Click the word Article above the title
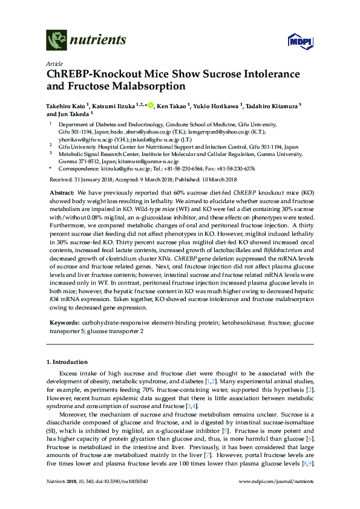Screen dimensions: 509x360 point(54,63)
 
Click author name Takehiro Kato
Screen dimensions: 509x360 point(65,107)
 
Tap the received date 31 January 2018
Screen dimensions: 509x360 point(93,180)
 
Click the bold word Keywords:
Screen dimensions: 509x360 point(62,323)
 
